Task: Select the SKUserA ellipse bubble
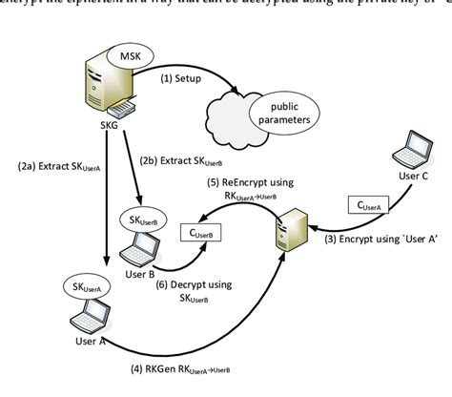(87, 286)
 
